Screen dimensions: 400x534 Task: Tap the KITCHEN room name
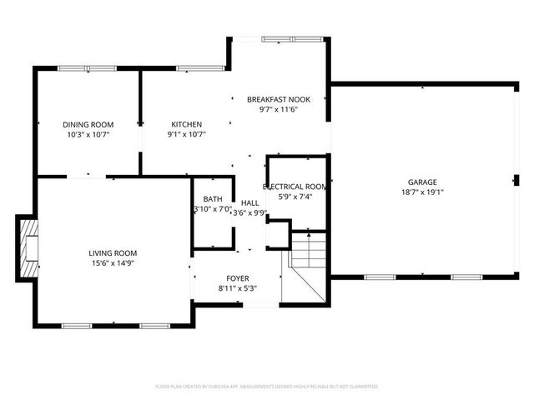pyautogui.click(x=187, y=124)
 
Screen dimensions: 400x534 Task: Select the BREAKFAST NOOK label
pyautogui.click(x=278, y=99)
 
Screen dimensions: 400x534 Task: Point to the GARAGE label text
pyautogui.click(x=422, y=182)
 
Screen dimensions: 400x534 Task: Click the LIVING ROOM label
pyautogui.click(x=113, y=252)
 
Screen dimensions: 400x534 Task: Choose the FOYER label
pyautogui.click(x=239, y=278)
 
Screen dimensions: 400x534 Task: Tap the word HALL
pyautogui.click(x=249, y=202)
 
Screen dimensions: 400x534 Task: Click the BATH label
pyautogui.click(x=213, y=199)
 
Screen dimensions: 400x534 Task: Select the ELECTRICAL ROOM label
pyautogui.click(x=295, y=187)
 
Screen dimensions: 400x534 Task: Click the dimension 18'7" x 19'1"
pyautogui.click(x=422, y=192)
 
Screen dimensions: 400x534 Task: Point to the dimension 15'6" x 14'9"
pyautogui.click(x=113, y=262)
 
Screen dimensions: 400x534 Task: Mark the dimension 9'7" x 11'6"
pyautogui.click(x=278, y=109)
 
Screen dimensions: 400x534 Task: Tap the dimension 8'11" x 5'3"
pyautogui.click(x=239, y=288)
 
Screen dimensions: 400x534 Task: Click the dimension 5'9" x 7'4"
pyautogui.click(x=295, y=197)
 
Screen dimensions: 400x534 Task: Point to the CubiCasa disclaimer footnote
pyautogui.click(x=267, y=387)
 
